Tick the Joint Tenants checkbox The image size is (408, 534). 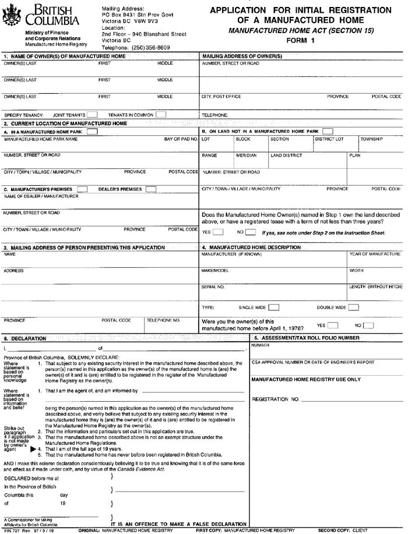[92, 115]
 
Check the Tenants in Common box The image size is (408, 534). [160, 115]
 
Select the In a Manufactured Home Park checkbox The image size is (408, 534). [92, 132]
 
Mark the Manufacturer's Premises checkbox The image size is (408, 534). [82, 189]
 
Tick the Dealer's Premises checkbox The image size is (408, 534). [151, 189]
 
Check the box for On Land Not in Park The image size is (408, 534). [328, 131]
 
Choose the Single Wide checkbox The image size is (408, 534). [273, 307]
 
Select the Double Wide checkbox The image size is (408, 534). [354, 307]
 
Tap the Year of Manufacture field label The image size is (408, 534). [375, 254]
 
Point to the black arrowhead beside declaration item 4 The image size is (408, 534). [33, 450]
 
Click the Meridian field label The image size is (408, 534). [245, 156]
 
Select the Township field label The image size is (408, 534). [371, 140]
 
